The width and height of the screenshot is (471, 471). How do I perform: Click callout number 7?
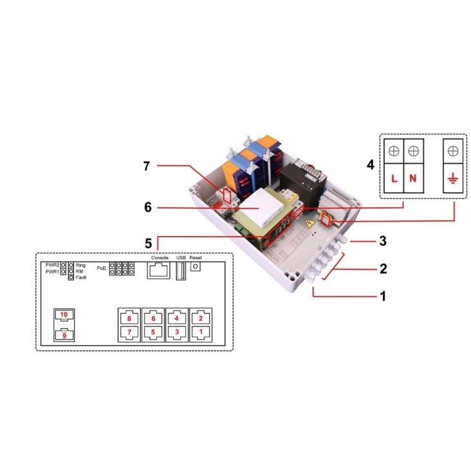pos(146,166)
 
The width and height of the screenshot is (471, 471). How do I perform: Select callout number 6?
pos(148,207)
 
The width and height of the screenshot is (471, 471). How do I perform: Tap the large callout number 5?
pos(149,243)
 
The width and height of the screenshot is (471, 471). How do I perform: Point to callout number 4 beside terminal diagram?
pos(371,165)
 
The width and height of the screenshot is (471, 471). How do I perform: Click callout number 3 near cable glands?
pos(383,241)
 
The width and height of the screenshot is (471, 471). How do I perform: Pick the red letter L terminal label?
pos(394,179)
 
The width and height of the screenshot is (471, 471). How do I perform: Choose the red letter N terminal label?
pos(413,179)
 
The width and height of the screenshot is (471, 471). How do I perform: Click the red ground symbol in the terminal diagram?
pos(453,180)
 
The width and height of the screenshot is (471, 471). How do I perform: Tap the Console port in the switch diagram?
pos(158,270)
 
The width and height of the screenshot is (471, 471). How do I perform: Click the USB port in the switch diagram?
pos(181,271)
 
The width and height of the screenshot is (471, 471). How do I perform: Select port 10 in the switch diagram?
pos(64,317)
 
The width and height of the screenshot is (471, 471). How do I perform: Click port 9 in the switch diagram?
pos(64,335)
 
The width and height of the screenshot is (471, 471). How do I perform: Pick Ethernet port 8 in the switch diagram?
pos(129,319)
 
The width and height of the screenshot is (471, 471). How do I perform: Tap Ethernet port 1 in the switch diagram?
pos(201,332)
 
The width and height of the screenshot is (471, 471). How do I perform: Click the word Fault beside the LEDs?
pos(81,277)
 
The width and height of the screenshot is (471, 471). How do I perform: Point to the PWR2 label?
pos(53,265)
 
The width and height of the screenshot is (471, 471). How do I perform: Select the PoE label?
pos(102,268)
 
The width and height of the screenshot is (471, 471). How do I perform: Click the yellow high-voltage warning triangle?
pos(309,224)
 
